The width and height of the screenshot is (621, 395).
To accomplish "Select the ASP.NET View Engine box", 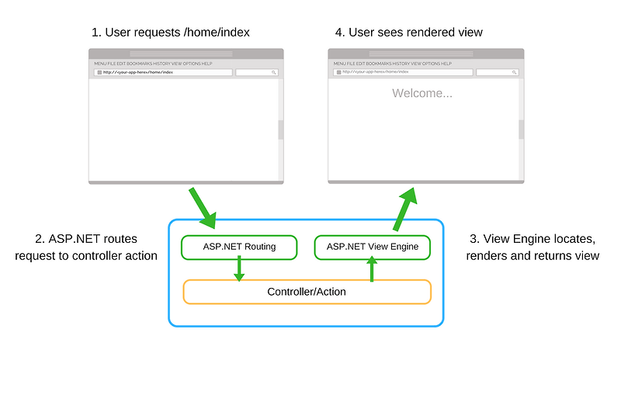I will (x=372, y=248).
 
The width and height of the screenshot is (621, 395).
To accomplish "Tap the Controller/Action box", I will (x=307, y=292).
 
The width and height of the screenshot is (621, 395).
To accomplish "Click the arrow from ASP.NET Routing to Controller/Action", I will (x=239, y=269).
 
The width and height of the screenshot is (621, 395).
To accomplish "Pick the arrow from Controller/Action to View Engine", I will (x=372, y=269).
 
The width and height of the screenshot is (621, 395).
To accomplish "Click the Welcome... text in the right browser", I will (x=422, y=93).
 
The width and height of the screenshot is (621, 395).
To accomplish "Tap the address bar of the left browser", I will (x=163, y=72).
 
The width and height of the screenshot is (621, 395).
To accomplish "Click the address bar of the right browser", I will (x=402, y=72).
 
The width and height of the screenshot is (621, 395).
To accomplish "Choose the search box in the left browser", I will (x=257, y=72).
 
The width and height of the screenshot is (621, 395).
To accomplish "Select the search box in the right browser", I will (x=497, y=72).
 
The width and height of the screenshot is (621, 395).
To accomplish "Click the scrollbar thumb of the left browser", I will (x=280, y=130).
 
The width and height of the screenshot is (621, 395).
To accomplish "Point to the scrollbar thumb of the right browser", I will (x=521, y=130).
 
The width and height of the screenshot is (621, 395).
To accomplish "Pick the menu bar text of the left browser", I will (x=153, y=63).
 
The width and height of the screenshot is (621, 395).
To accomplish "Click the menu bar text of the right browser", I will (x=393, y=63).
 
